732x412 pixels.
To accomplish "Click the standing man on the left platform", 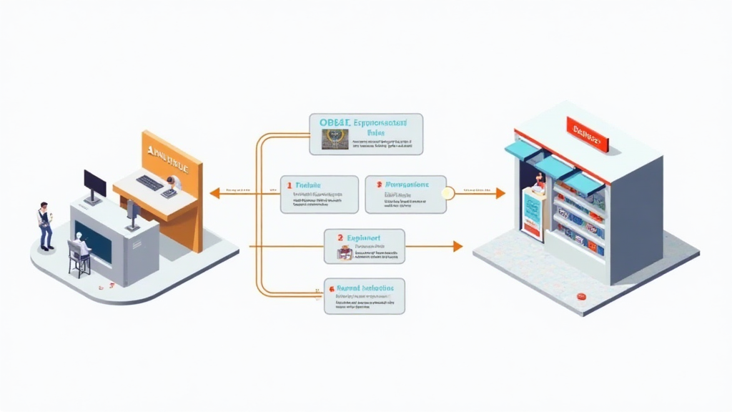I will (x=46, y=225).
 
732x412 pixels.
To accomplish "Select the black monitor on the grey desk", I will (x=94, y=185).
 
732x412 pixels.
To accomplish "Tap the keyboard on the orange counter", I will (x=149, y=183).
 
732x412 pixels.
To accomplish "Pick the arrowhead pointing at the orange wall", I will (x=214, y=192).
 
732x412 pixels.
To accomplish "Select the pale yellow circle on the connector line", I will (x=448, y=192).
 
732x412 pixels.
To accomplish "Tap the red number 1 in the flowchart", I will (x=290, y=185).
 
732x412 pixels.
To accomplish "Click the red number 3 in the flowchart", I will (x=379, y=184).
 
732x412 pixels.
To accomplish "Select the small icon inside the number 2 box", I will (x=345, y=252).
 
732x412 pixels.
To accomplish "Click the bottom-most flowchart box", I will (x=365, y=295).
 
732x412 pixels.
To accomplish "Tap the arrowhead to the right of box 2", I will (x=457, y=246).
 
